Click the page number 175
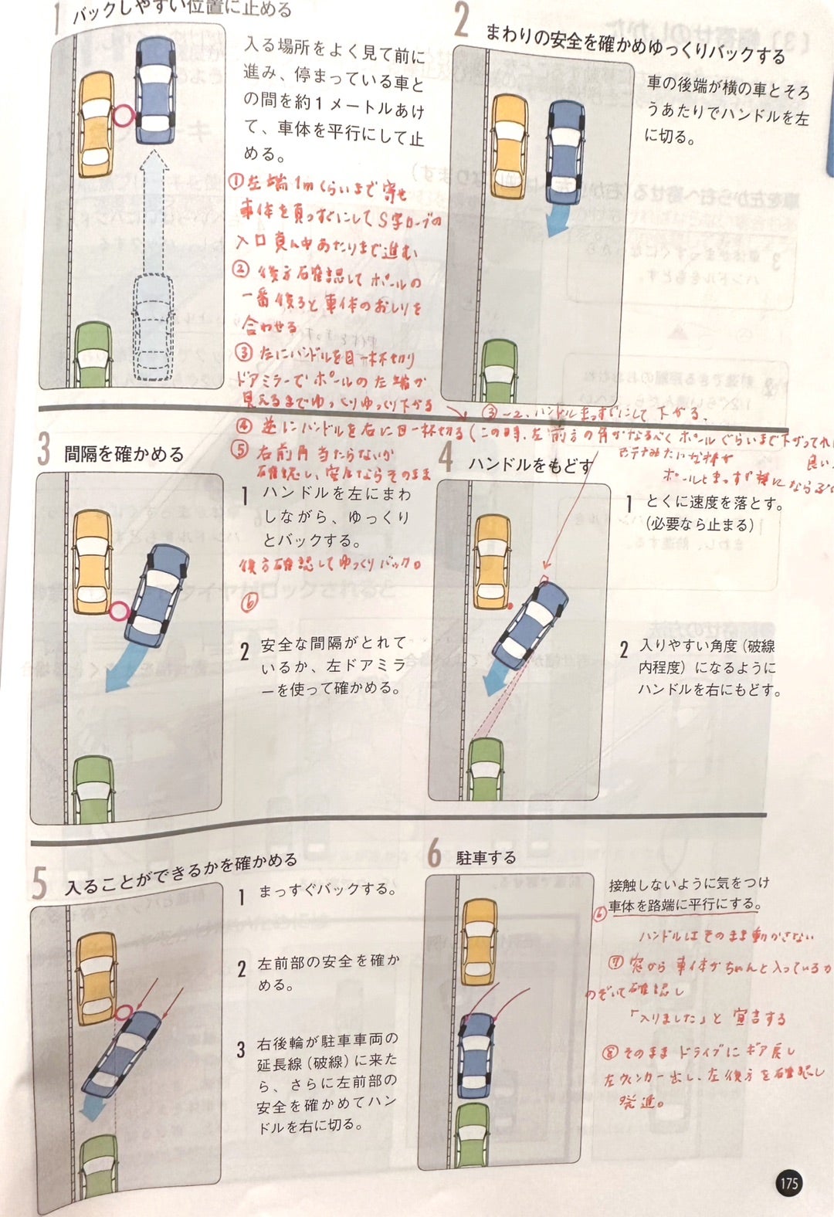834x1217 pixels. pos(788,1183)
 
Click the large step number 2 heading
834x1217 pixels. pos(461,21)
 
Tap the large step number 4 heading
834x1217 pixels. pos(446,457)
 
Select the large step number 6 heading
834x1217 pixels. pos(435,854)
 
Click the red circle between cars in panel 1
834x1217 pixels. pos(124,117)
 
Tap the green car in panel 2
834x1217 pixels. pos(498,371)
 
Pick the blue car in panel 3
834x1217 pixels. pos(157,595)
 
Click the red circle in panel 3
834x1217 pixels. pos(118,612)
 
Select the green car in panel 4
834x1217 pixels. pos(486,768)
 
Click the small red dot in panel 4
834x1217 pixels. pos(510,605)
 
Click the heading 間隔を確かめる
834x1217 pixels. pos(124,454)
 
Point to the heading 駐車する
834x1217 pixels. pos(486,858)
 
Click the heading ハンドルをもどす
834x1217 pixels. pos(531,464)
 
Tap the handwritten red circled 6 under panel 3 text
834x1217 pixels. pos(249,602)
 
